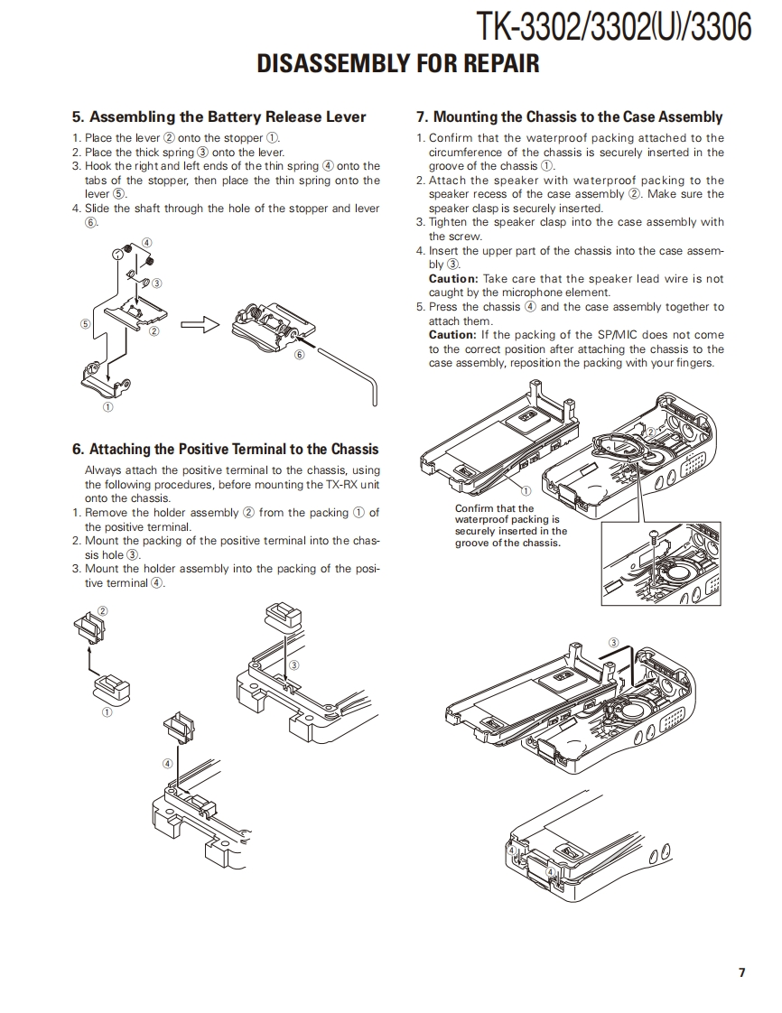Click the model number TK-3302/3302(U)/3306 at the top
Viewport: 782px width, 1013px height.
(614, 27)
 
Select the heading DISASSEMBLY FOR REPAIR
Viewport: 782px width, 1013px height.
(398, 64)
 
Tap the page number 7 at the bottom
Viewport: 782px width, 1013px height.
(741, 972)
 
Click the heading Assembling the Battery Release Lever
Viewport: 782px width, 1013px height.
(219, 116)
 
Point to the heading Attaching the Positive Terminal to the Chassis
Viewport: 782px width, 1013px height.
(226, 449)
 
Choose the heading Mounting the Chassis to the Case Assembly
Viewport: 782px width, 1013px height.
(569, 116)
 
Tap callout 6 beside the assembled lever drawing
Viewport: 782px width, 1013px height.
(300, 354)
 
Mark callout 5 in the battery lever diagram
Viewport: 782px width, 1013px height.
(85, 322)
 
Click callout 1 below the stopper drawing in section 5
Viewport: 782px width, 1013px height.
(108, 407)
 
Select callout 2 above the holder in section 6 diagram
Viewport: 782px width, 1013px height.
(102, 610)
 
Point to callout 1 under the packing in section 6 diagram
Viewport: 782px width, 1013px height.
(107, 712)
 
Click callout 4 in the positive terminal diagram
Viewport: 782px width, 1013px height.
(167, 763)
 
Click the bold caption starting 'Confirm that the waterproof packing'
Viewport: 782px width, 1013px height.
(511, 525)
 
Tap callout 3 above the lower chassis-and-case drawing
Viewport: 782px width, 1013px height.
(614, 643)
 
